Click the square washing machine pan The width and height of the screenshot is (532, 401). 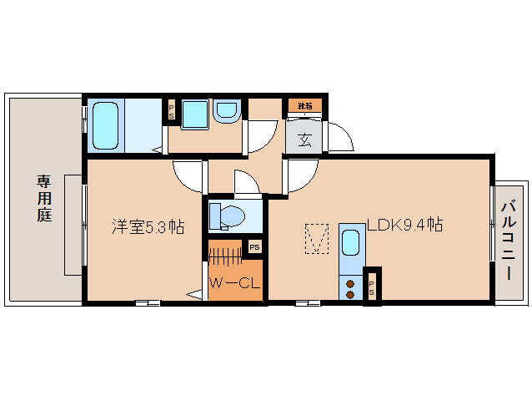click(x=193, y=114)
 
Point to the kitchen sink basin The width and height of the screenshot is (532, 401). click(x=351, y=245)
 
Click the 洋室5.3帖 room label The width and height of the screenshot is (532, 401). click(x=148, y=226)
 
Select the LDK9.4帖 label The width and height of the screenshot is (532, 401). click(x=404, y=225)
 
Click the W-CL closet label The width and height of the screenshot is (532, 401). click(x=234, y=284)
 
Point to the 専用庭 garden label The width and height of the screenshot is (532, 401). click(x=43, y=197)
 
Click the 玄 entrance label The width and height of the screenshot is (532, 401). click(x=305, y=139)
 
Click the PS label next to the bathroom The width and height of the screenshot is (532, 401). click(x=172, y=110)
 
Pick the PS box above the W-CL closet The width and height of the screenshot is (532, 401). click(x=254, y=247)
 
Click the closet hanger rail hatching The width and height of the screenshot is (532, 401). click(x=224, y=253)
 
